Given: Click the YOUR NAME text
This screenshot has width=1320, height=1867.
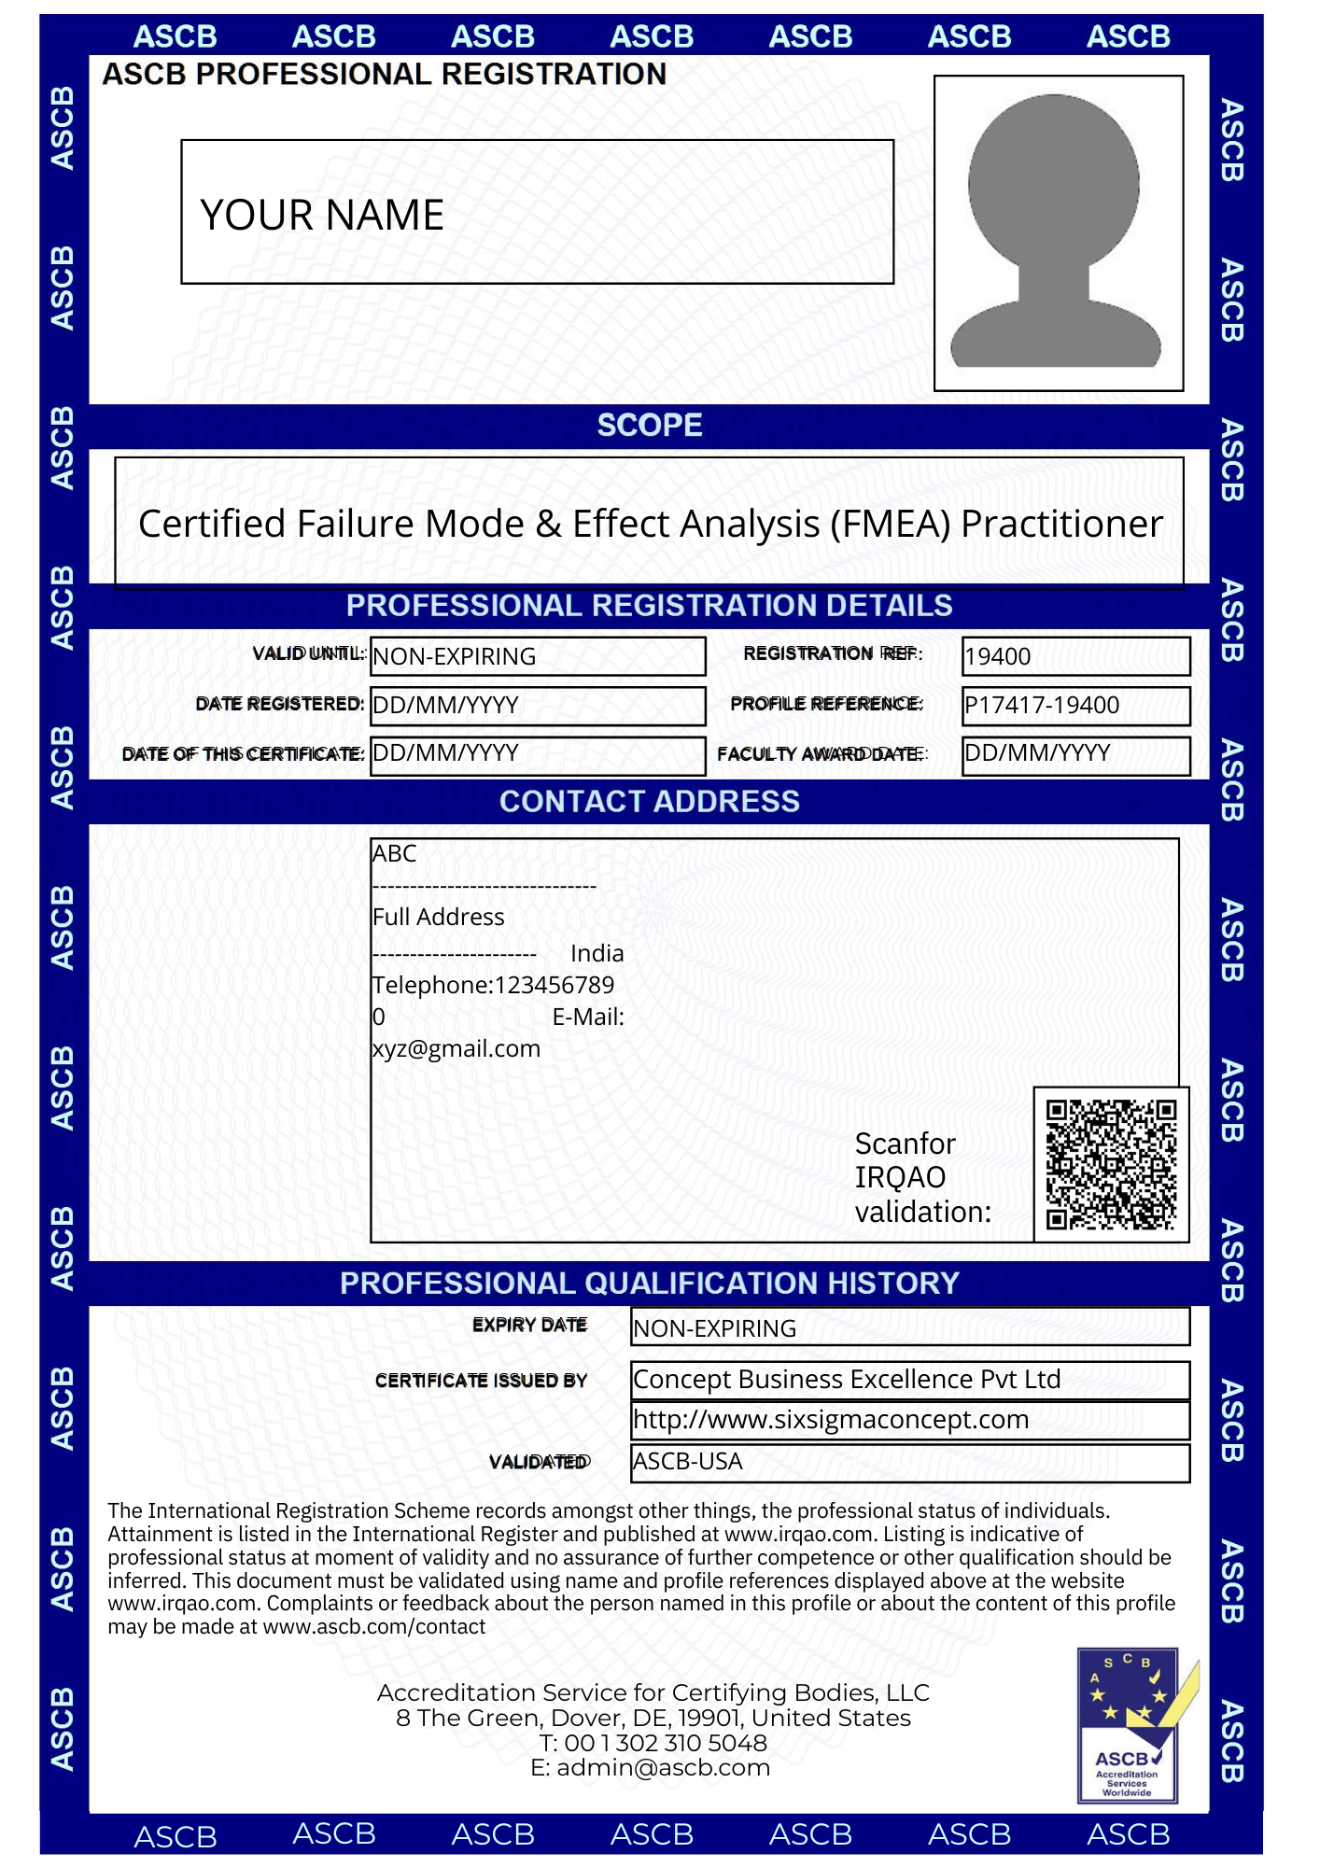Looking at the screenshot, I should (322, 215).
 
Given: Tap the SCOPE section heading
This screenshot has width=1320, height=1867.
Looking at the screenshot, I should (650, 426).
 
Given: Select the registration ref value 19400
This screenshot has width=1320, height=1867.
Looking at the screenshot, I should (998, 656).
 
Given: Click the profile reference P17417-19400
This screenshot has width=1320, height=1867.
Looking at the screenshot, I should (1042, 705).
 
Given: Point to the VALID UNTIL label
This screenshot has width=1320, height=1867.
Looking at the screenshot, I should (309, 653).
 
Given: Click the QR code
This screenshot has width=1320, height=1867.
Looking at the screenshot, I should (1111, 1164).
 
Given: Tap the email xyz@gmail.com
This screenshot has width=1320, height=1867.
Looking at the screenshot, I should (456, 1048).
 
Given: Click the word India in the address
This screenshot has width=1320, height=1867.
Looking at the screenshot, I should (597, 953).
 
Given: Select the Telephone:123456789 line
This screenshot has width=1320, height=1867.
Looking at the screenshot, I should (493, 985).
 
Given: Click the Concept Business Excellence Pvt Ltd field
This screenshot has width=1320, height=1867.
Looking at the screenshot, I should (847, 1379).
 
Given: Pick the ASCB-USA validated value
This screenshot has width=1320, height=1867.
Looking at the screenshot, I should (688, 1461).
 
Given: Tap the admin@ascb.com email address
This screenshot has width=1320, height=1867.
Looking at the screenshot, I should (663, 1767).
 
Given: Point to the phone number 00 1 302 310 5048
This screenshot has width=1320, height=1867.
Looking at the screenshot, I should (665, 1743).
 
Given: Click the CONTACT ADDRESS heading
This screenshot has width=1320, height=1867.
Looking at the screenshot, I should (650, 802).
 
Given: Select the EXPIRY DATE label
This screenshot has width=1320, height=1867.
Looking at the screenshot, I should (529, 1325).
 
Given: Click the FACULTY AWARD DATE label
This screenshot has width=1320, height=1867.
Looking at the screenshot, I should (821, 753).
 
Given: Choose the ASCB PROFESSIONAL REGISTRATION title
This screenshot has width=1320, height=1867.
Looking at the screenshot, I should (385, 74).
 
